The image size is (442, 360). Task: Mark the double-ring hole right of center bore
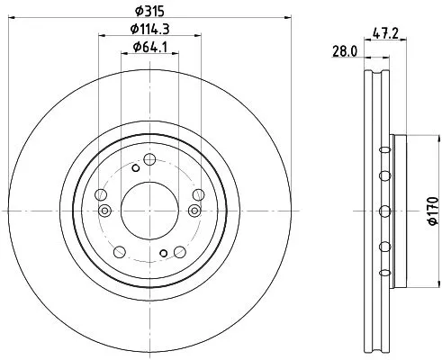[194, 211]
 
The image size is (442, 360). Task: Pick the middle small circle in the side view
[384, 211]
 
